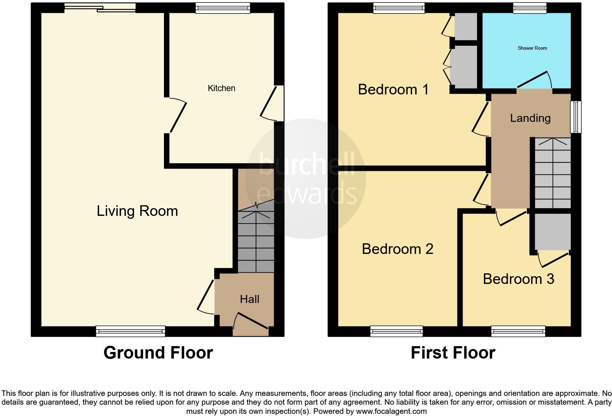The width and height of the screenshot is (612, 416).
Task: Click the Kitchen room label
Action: click(x=221, y=88)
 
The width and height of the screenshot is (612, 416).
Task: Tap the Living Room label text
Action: click(x=137, y=211)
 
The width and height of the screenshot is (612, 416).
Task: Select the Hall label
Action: click(x=249, y=299)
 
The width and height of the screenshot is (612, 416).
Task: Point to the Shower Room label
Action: click(x=532, y=48)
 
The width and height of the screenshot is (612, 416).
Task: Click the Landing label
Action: click(x=530, y=118)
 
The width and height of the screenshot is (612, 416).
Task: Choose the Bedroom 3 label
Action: click(x=518, y=279)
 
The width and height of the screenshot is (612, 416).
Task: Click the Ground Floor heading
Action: click(x=158, y=353)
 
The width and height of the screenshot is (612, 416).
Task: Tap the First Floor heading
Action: click(x=453, y=353)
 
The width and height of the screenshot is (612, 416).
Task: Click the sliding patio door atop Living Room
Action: click(x=100, y=8)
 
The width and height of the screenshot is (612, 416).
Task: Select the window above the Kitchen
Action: click(x=223, y=8)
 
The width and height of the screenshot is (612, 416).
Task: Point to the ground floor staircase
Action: click(x=256, y=241)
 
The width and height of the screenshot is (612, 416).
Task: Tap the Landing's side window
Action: click(x=576, y=117)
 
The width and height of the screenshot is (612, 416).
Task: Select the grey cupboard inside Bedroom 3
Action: click(x=552, y=231)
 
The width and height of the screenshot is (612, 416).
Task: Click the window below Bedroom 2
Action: click(x=396, y=331)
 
